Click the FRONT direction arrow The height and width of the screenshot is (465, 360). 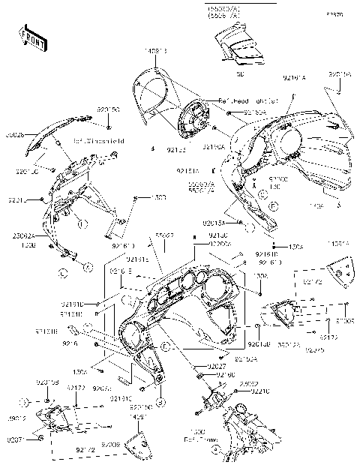[31, 37]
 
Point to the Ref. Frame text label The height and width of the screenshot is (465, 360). [197, 436]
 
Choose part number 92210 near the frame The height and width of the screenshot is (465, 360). [260, 391]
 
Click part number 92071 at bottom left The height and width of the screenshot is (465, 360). [16, 439]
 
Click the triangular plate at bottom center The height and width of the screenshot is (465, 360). [136, 447]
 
